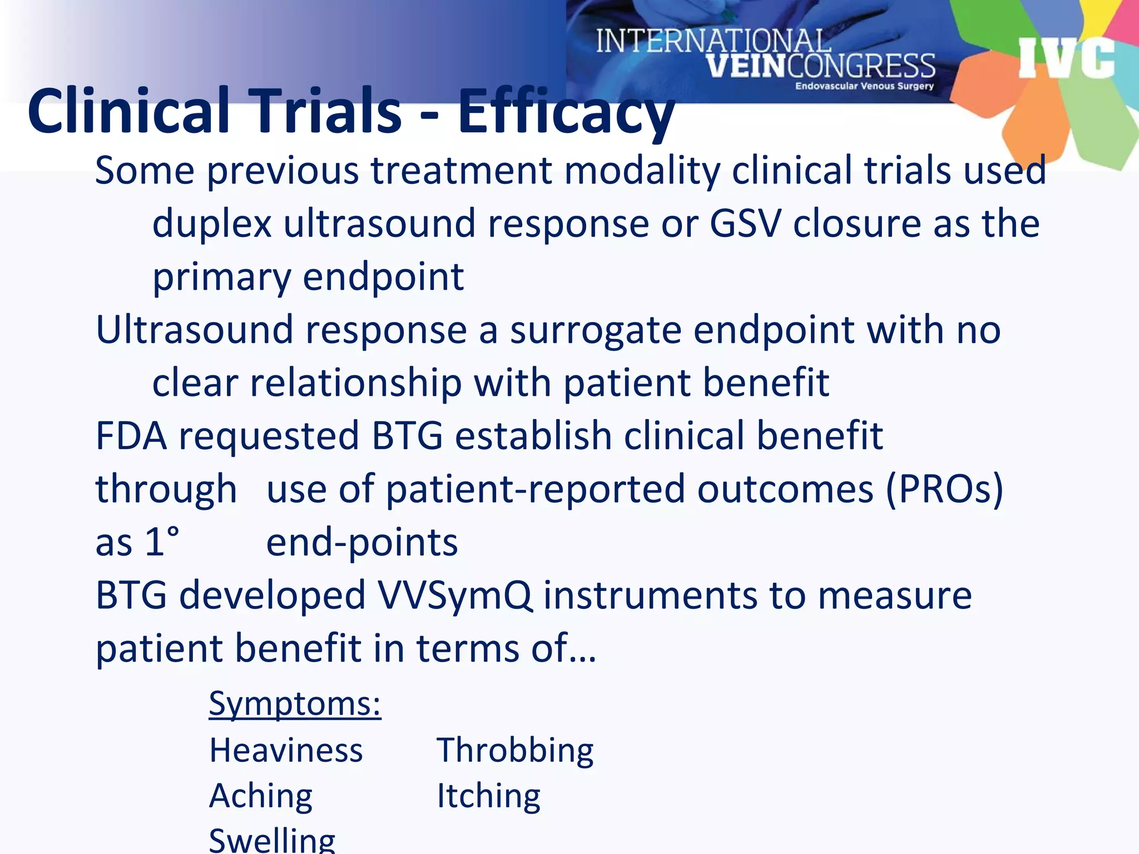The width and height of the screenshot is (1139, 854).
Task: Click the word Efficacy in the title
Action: (566, 111)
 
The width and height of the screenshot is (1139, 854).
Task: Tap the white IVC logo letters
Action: (1066, 58)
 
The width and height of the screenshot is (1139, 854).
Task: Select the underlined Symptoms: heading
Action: (295, 704)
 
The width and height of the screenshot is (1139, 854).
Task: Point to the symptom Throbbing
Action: (515, 751)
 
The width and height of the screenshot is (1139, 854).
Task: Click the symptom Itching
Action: (488, 796)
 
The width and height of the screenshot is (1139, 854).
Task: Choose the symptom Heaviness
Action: (286, 751)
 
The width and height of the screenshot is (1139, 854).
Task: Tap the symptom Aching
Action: (261, 796)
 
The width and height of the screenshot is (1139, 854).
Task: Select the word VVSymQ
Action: (454, 595)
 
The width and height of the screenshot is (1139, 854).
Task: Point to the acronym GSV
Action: (745, 224)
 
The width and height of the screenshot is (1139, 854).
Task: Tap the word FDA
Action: (131, 436)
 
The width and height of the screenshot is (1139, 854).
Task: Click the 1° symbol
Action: (162, 542)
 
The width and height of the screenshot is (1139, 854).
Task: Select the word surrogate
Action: (596, 330)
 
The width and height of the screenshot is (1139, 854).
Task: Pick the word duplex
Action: (212, 224)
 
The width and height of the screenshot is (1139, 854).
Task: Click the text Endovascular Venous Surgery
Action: (864, 86)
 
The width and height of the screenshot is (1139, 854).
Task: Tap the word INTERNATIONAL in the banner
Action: (713, 42)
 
